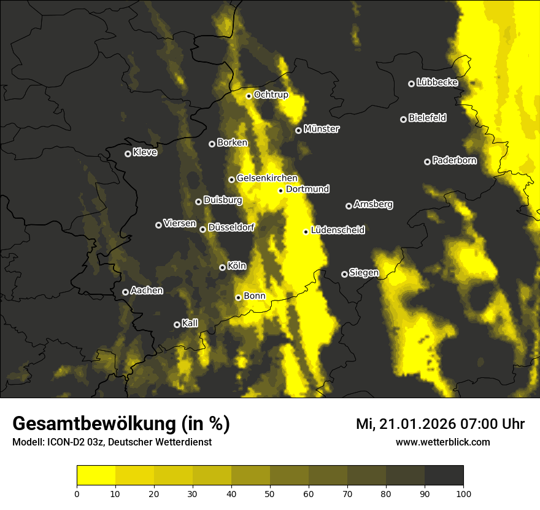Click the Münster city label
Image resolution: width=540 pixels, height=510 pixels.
[321, 129]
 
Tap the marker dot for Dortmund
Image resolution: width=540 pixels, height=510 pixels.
[281, 190]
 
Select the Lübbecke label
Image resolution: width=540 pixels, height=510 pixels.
[437, 82]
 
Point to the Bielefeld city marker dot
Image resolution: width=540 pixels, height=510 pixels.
[404, 119]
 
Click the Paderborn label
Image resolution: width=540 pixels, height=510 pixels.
[454, 160]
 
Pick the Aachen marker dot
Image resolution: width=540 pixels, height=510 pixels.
[125, 292]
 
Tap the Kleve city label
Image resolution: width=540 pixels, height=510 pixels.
[145, 152]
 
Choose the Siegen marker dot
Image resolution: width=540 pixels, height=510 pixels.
[344, 274]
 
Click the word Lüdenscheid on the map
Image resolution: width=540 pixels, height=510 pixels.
[337, 230]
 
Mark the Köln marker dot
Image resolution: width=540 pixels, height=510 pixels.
[223, 267]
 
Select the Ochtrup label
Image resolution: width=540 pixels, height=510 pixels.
[271, 95]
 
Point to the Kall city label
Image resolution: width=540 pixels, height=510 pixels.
[190, 323]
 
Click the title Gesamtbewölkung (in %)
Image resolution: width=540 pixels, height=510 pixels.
[121, 424]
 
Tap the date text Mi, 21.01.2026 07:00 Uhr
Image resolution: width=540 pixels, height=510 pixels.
[440, 424]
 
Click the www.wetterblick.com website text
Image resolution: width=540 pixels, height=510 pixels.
[442, 442]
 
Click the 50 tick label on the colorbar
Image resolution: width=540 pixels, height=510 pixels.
[270, 493]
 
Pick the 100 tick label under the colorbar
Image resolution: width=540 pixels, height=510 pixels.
[463, 493]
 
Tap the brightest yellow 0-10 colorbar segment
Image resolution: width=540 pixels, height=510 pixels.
[96, 475]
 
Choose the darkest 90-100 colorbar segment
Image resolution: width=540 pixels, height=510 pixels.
[444, 475]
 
